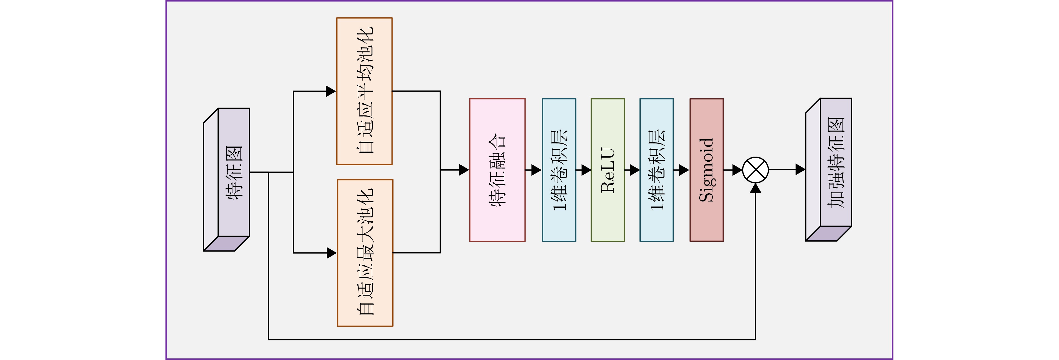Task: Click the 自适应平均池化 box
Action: click(x=364, y=91)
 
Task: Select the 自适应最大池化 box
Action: click(x=365, y=253)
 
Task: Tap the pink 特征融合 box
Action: click(x=497, y=170)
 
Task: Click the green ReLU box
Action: click(x=608, y=170)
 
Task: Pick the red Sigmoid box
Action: click(x=706, y=170)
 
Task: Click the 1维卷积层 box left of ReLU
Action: click(x=559, y=170)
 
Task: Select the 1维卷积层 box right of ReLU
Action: click(x=656, y=170)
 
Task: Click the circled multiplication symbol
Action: click(x=756, y=170)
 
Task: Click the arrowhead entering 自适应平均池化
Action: click(x=331, y=91)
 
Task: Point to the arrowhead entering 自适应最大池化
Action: click(x=331, y=253)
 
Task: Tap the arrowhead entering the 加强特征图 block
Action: click(x=800, y=169)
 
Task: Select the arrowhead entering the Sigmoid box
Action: click(x=684, y=170)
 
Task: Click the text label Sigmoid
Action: click(x=706, y=170)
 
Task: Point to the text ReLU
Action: click(x=608, y=170)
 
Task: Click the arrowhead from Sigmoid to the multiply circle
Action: click(x=737, y=170)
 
